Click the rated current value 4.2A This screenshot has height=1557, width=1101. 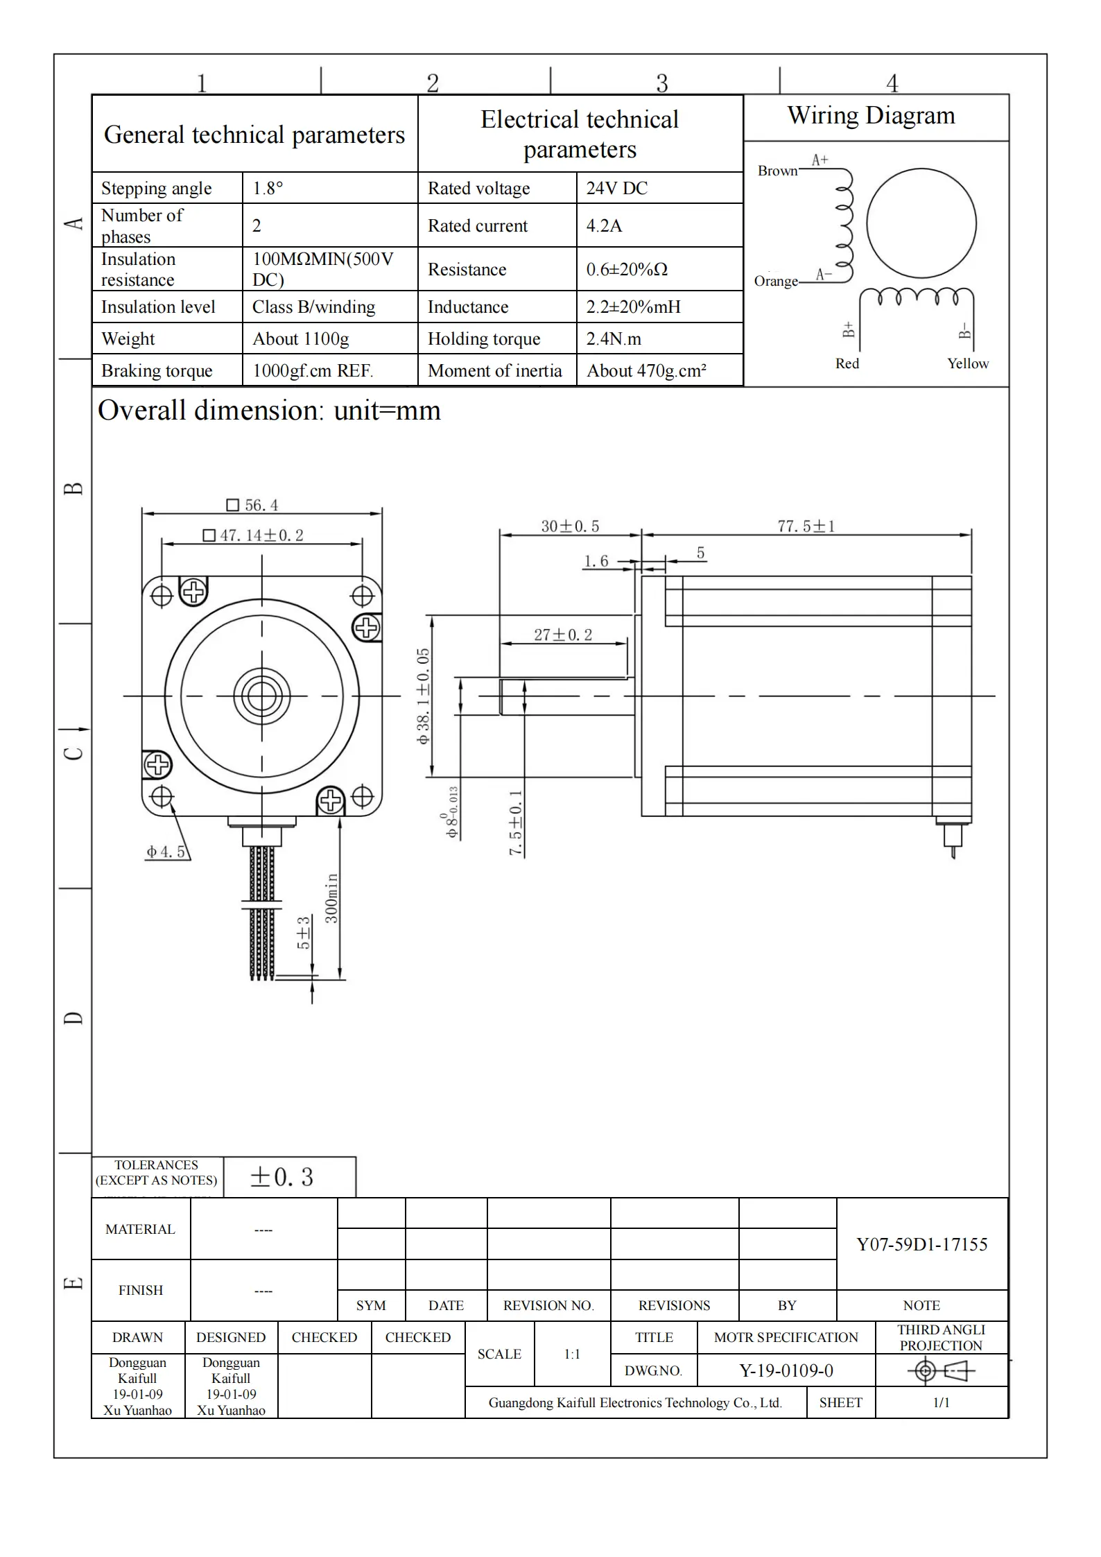604,225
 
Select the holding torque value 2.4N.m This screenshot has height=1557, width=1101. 614,338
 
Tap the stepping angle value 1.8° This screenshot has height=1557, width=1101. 268,188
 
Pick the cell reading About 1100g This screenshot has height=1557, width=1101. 300,338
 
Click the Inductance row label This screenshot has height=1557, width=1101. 468,307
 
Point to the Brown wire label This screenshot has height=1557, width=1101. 777,171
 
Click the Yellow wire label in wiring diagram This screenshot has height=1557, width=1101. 968,363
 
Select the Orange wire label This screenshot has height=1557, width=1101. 776,281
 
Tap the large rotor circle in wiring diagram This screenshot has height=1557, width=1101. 921,223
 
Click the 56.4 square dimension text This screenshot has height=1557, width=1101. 254,505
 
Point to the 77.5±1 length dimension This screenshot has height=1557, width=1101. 806,526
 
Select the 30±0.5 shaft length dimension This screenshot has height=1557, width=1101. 570,526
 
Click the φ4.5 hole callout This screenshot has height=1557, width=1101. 166,852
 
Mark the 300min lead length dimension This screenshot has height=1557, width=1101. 332,898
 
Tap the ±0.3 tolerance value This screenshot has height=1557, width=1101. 282,1177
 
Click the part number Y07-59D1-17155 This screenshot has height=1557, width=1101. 921,1244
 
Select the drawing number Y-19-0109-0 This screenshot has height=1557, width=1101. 786,1370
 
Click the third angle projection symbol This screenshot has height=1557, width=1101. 941,1370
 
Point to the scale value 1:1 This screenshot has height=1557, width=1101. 572,1354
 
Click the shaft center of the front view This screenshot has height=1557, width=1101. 262,696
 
